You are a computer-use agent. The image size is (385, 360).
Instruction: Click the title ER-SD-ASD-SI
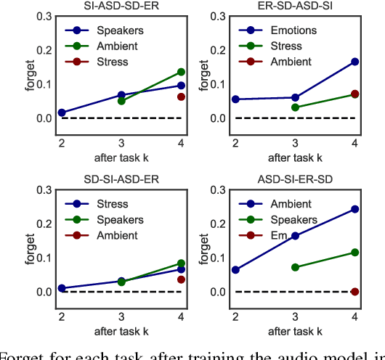click(294, 7)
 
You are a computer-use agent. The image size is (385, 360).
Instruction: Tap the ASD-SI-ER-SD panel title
click(294, 180)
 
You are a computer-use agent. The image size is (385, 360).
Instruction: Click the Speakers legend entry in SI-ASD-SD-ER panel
click(113, 31)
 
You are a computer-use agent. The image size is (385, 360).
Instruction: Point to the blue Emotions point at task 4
click(355, 62)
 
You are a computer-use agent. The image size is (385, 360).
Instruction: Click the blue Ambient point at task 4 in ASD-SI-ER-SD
click(355, 209)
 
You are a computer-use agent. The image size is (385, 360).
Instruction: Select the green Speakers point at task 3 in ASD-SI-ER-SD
click(295, 267)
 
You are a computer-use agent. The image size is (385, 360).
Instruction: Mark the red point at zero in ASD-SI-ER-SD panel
click(355, 291)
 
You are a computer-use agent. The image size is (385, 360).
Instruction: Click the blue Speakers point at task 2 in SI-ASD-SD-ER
click(62, 112)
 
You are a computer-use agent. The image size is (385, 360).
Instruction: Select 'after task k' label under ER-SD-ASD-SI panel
click(295, 157)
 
